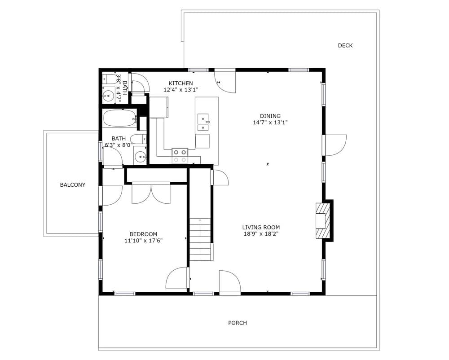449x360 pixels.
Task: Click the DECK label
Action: (345, 45)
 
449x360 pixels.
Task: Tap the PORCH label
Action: (238, 323)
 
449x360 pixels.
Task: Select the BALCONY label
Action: (72, 184)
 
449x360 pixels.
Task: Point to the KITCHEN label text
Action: (180, 83)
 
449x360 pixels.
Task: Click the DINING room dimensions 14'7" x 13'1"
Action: (270, 123)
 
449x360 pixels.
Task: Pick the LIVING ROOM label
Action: (261, 227)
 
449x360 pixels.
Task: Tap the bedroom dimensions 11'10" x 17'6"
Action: (144, 241)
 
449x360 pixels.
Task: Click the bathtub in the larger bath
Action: (120, 118)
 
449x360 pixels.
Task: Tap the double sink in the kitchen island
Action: (203, 122)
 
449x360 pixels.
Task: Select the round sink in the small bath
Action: (108, 95)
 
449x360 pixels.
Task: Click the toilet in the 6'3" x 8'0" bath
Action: (138, 139)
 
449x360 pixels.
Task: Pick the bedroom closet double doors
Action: (151, 193)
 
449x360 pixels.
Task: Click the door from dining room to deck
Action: (335, 145)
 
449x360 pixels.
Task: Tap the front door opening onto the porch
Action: (230, 282)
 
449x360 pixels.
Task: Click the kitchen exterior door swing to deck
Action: (225, 81)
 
